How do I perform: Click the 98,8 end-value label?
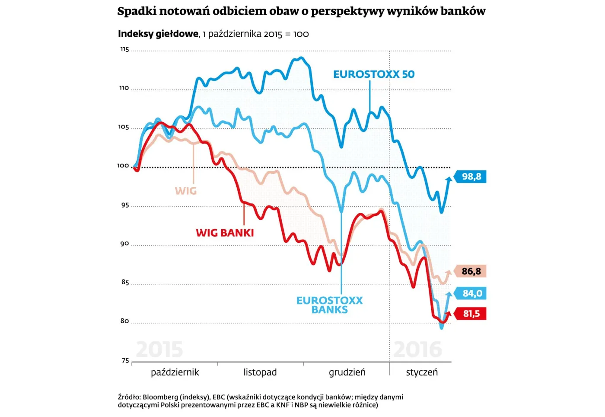tap(471, 176)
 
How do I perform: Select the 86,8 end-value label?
tap(471, 271)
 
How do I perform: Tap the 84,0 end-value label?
tap(472, 293)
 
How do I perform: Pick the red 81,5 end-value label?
tap(471, 314)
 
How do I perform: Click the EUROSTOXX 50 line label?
tap(374, 74)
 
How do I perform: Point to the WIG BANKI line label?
tap(225, 233)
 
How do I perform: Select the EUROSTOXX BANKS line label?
tap(330, 305)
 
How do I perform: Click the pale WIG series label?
tap(186, 191)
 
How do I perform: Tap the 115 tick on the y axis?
tap(124, 49)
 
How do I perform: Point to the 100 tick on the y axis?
tap(123, 166)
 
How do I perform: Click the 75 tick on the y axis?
tap(125, 361)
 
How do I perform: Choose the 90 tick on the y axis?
tap(124, 244)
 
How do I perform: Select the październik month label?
tap(175, 372)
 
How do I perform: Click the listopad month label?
tap(260, 372)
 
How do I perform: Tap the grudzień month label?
tap(347, 372)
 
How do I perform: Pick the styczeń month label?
tap(422, 372)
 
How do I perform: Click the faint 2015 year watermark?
tap(159, 349)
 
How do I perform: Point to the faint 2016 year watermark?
tap(418, 349)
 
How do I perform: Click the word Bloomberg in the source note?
tap(160, 397)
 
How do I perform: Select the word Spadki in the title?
tap(137, 11)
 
